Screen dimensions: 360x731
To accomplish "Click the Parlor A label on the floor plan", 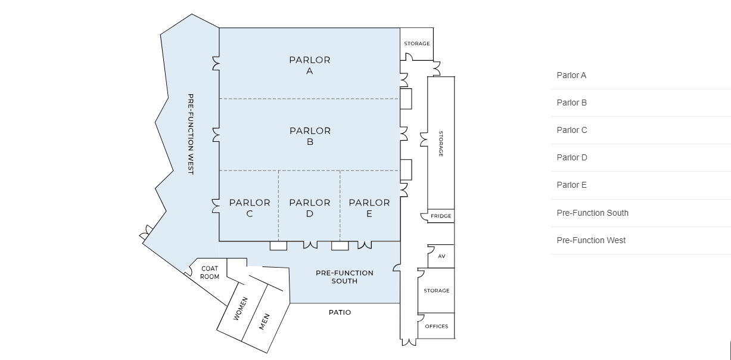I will (x=310, y=66).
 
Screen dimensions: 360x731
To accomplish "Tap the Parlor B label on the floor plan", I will (x=310, y=136).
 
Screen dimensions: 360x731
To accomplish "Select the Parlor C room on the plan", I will (x=250, y=208).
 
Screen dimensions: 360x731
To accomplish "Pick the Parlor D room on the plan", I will (x=310, y=208).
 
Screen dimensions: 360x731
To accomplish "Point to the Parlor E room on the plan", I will (x=369, y=208).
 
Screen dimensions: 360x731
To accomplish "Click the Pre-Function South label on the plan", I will (x=344, y=277).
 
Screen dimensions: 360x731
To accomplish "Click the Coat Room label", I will (x=210, y=272).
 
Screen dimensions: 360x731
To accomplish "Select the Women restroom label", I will (x=240, y=309).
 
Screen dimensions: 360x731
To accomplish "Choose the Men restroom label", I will (x=264, y=321).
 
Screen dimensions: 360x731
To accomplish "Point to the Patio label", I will (x=340, y=312).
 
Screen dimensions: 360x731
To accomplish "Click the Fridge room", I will (x=441, y=216).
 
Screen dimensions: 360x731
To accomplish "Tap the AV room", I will (x=441, y=256).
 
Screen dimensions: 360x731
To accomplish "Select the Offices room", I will (x=436, y=326).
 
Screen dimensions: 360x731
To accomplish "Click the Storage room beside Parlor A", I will (x=416, y=44).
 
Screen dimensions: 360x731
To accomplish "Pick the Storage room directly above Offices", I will (x=436, y=290).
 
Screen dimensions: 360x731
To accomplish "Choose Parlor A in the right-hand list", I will (x=571, y=75).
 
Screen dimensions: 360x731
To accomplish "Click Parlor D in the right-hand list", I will (x=571, y=157).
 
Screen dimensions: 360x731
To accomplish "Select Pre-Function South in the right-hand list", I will (x=592, y=213).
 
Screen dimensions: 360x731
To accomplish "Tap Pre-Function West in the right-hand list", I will (x=591, y=240).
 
